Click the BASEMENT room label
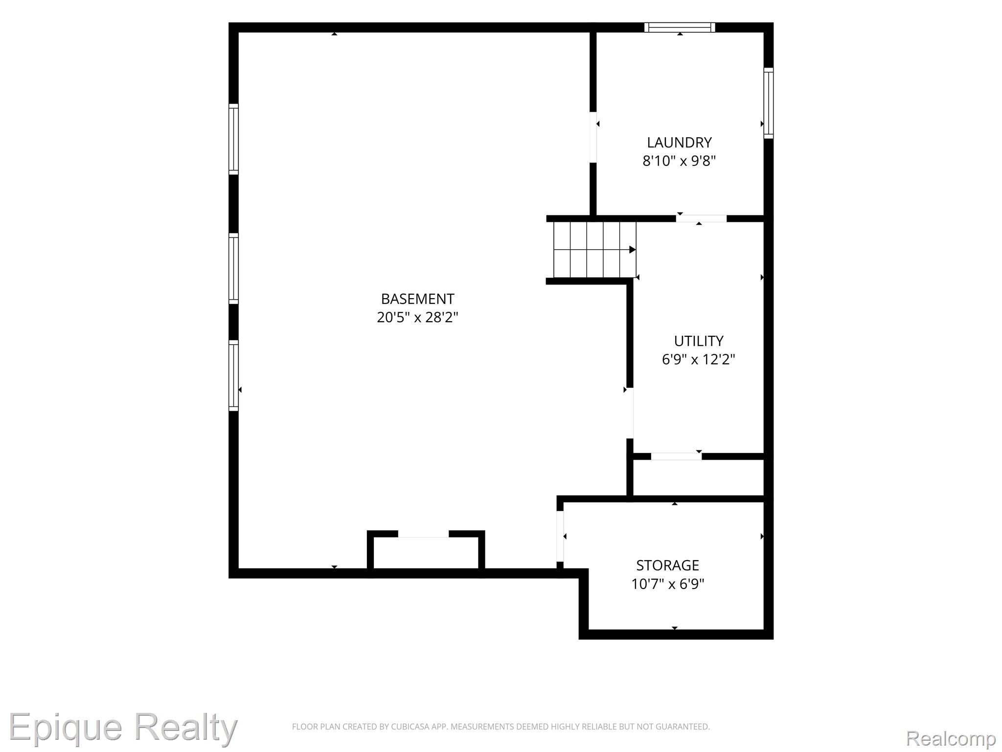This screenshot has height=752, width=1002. (x=417, y=299)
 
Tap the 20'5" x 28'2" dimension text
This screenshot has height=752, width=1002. (x=417, y=317)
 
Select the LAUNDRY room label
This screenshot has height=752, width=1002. (x=679, y=142)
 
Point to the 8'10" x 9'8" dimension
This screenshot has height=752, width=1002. (x=679, y=161)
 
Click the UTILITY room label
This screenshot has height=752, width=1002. (x=699, y=341)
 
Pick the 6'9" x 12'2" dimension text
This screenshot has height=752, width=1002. (x=699, y=359)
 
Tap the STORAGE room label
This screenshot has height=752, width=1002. (x=667, y=565)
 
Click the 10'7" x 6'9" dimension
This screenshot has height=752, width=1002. (x=667, y=584)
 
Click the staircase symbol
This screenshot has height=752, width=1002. (x=594, y=250)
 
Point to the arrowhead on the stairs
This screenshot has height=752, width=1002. (x=633, y=250)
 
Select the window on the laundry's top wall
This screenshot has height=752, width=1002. (x=680, y=27)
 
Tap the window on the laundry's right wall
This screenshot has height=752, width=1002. (x=769, y=103)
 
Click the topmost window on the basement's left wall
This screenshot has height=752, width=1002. (x=234, y=139)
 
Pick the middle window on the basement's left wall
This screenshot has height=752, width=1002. (x=234, y=269)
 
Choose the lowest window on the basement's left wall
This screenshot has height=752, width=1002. (x=234, y=376)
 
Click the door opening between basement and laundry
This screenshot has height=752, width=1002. (x=593, y=137)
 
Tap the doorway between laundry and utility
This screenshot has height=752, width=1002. (x=702, y=218)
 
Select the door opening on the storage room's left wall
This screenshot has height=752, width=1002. (x=560, y=537)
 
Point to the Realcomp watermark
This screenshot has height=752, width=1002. (x=951, y=738)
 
